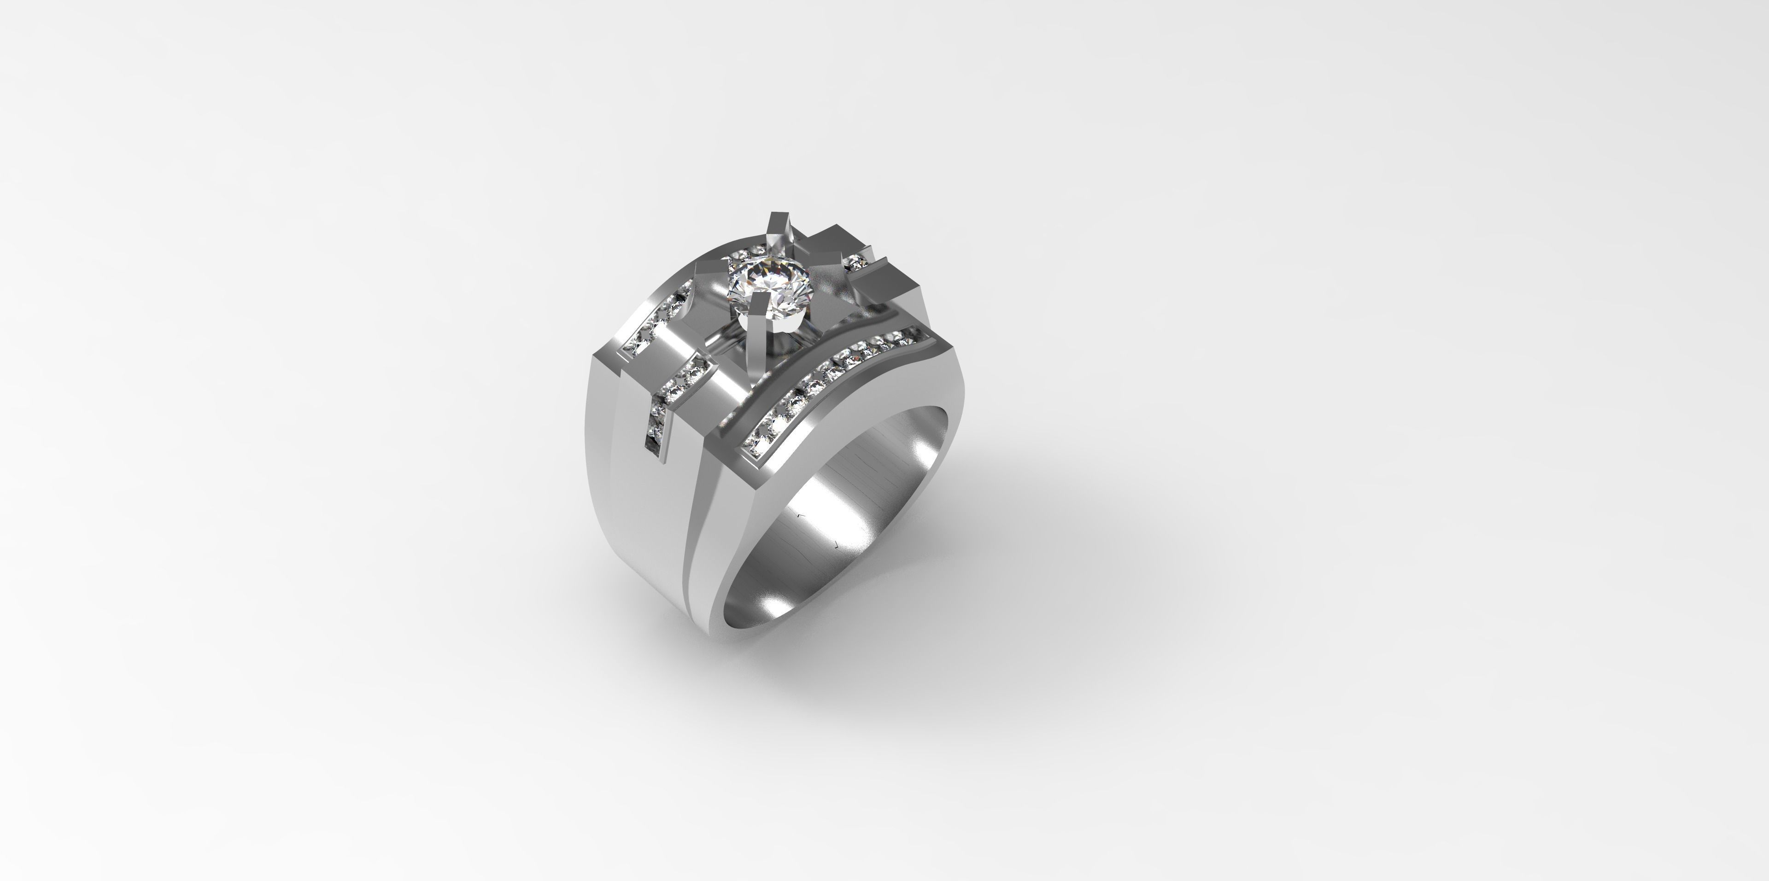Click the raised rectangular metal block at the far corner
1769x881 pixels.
click(x=886, y=281)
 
